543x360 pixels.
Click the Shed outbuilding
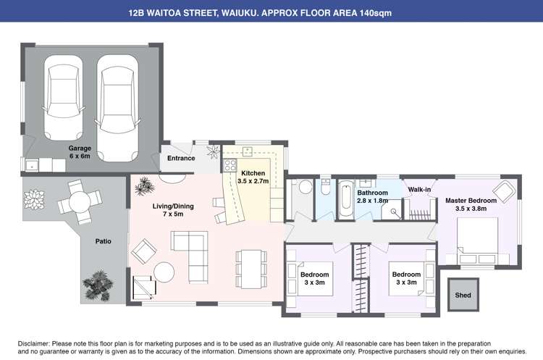[463, 295]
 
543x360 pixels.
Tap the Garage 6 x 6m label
[80, 152]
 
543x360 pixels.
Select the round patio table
[80, 202]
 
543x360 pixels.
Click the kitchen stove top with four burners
[230, 165]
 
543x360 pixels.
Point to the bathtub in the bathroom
[346, 199]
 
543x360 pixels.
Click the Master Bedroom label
[471, 204]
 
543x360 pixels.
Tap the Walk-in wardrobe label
[419, 190]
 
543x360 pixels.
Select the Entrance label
[181, 158]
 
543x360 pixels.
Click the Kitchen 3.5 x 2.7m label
[253, 177]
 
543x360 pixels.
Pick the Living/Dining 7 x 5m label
[173, 210]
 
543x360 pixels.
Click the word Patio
[104, 241]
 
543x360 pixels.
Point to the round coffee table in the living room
[164, 272]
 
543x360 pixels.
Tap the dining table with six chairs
[251, 269]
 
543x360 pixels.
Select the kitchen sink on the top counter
[248, 151]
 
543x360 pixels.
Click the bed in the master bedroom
[478, 240]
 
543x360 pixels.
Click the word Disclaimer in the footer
[34, 344]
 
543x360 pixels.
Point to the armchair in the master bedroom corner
[504, 191]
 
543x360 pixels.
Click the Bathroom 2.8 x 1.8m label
[373, 196]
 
